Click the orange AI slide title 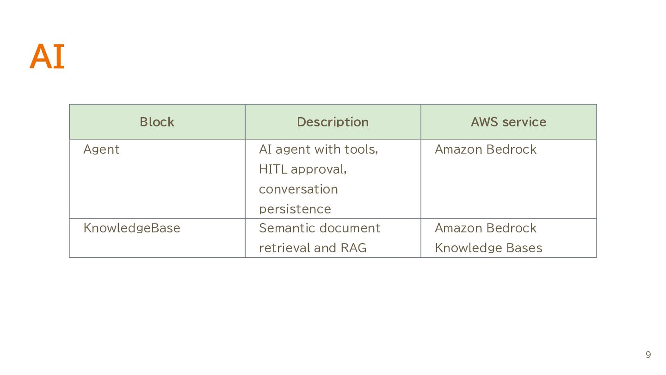(x=47, y=56)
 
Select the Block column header (x=157, y=122)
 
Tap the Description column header (x=333, y=122)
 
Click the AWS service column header (x=508, y=122)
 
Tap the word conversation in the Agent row (x=298, y=189)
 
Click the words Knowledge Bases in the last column (x=488, y=248)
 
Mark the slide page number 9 (x=648, y=355)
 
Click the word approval (x=319, y=169)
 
